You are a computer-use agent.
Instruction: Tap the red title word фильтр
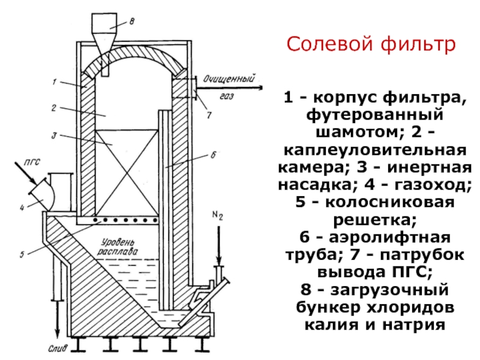[x=418, y=44]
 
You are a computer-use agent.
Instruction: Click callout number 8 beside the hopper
[x=131, y=22]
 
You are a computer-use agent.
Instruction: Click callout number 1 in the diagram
[x=55, y=82]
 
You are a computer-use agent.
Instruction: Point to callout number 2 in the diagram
[x=54, y=108]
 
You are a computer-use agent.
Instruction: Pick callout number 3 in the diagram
[x=54, y=136]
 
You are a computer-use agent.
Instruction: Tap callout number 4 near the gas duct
[x=22, y=208]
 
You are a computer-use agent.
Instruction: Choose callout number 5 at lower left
[x=22, y=254]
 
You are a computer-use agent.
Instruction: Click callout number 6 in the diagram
[x=213, y=155]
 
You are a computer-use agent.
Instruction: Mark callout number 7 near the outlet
[x=209, y=115]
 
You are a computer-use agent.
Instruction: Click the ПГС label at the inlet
[x=32, y=162]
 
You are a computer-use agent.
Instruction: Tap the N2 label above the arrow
[x=218, y=215]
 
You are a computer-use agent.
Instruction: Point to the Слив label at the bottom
[x=58, y=349]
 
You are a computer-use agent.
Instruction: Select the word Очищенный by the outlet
[x=229, y=79]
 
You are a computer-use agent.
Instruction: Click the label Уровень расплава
[x=118, y=247]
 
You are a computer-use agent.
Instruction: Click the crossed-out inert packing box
[x=127, y=173]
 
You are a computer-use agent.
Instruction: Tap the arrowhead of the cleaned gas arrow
[x=260, y=88]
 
